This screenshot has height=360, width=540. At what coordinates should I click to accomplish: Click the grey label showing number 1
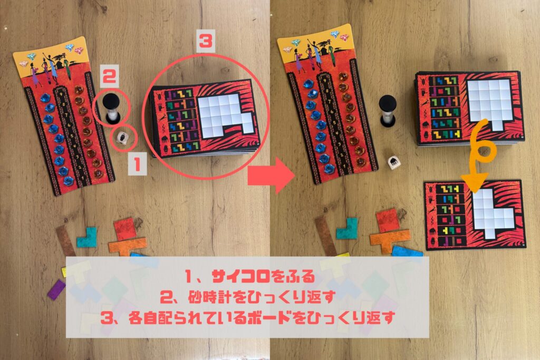pyautogui.click(x=138, y=164)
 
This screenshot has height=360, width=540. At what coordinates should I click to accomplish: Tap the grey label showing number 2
pyautogui.click(x=110, y=76)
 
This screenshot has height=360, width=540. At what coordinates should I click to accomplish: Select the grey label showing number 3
pyautogui.click(x=206, y=41)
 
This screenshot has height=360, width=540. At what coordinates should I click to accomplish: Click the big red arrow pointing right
pyautogui.click(x=271, y=175)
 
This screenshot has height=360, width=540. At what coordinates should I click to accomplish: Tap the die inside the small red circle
pyautogui.click(x=122, y=138)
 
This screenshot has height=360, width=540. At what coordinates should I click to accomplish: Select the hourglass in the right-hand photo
pyautogui.click(x=388, y=111)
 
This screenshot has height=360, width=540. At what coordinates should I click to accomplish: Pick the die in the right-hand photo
pyautogui.click(x=393, y=163)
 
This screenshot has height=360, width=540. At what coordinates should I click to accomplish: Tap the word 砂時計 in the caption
pyautogui.click(x=209, y=297)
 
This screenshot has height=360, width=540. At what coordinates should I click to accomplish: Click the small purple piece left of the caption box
pyautogui.click(x=56, y=289)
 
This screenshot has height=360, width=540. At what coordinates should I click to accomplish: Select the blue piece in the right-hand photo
pyautogui.click(x=408, y=251)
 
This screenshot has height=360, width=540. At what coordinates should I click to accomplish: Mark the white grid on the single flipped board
pyautogui.click(x=492, y=213)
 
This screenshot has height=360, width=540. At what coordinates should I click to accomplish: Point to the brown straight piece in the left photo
pyautogui.click(x=65, y=240)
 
